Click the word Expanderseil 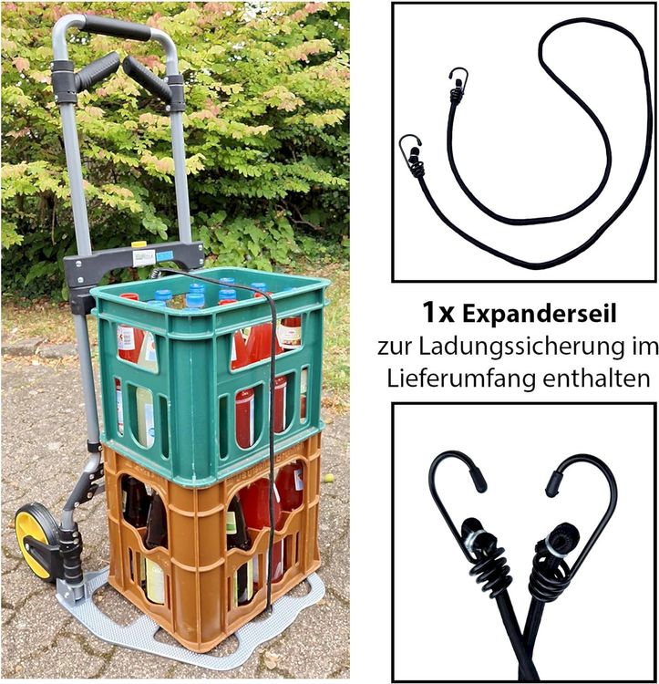click(x=540, y=313)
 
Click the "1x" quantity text click(x=438, y=313)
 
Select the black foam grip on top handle click(x=117, y=27)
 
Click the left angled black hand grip click(x=96, y=70)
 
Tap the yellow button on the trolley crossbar click(x=140, y=244)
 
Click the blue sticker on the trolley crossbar click(x=164, y=256)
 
